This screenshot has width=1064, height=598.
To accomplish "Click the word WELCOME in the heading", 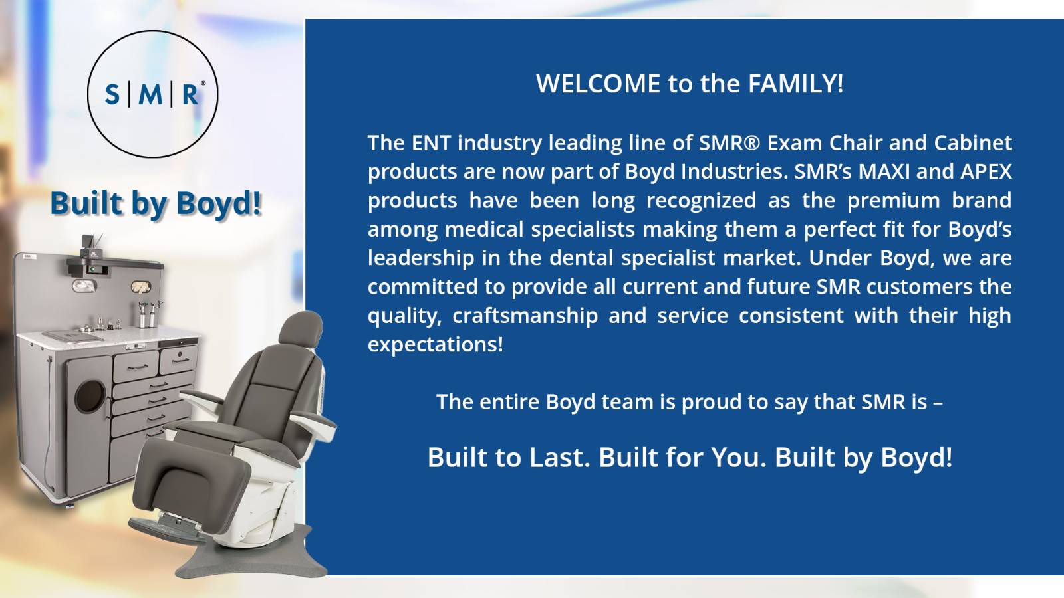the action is click(598, 84).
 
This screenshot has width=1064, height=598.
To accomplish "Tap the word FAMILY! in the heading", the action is click(795, 84).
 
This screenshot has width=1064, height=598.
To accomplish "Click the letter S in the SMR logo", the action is click(112, 94).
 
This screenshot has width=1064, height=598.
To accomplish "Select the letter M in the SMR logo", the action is click(151, 94).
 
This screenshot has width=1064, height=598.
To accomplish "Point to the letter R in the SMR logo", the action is click(190, 94).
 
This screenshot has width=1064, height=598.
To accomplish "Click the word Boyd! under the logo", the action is click(219, 203).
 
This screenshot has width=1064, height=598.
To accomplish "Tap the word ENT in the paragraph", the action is click(429, 143).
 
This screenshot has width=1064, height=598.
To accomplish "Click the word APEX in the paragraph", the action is click(986, 171).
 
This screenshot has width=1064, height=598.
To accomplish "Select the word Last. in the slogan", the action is click(559, 458).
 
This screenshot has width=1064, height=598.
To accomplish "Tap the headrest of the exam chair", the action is click(301, 328).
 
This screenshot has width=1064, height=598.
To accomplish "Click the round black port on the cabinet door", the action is click(90, 395).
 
